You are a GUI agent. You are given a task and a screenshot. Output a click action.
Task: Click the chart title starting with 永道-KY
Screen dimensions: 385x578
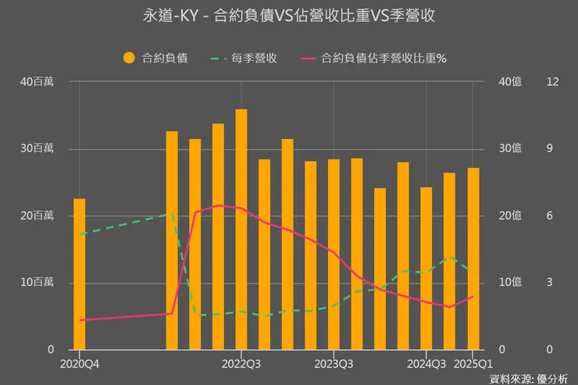(289, 16)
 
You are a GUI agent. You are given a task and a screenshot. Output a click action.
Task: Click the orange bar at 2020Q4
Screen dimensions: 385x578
(79, 273)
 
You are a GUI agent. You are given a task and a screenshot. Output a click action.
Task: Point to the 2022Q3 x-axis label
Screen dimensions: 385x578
(241, 363)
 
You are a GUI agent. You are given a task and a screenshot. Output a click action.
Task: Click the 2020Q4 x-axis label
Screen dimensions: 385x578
(79, 363)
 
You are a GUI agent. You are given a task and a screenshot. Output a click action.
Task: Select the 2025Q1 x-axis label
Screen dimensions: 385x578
(473, 363)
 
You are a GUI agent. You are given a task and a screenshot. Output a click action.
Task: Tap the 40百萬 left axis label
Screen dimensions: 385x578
(37, 82)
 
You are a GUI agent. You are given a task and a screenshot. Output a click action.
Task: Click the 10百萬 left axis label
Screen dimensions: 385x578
(37, 282)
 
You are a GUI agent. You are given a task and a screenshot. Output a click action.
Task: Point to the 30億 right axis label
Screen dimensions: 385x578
(510, 148)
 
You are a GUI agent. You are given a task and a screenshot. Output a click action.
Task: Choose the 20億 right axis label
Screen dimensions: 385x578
(510, 216)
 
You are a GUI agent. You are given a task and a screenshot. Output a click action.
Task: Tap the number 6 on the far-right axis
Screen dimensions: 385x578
(550, 216)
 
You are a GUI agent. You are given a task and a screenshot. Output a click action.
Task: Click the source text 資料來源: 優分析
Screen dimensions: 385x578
(529, 379)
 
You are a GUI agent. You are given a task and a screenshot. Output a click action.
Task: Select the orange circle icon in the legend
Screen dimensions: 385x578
(130, 58)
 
